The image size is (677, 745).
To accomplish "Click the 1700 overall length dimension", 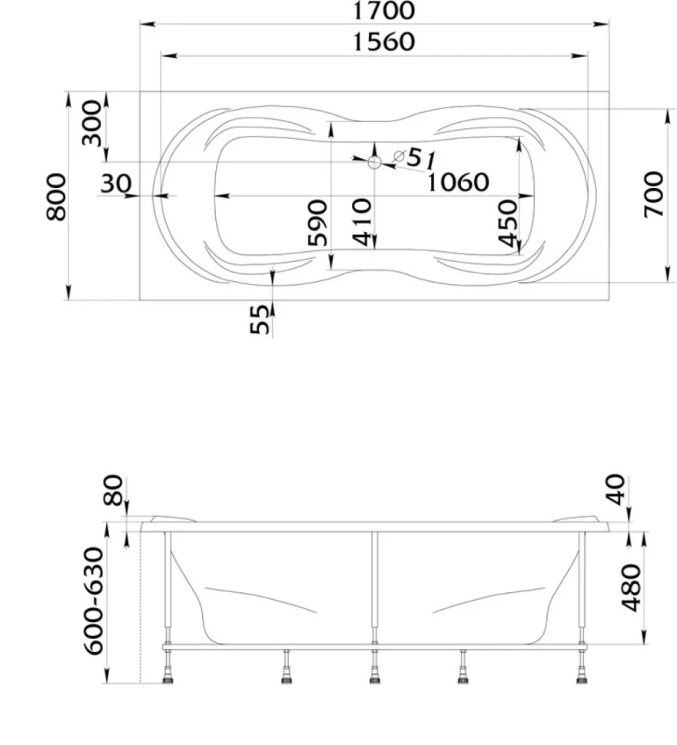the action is [x=383, y=11].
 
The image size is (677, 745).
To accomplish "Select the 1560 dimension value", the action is [x=383, y=41].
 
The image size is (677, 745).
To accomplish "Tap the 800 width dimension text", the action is [x=57, y=197].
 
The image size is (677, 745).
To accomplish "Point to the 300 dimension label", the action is [x=92, y=123].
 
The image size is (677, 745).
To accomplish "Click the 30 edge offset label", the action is [x=115, y=183].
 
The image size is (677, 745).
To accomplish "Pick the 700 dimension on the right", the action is [x=653, y=195].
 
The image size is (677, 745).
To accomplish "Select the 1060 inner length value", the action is [x=458, y=182].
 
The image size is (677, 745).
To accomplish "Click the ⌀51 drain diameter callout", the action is [x=414, y=157].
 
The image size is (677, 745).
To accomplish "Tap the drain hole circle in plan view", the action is [x=374, y=163].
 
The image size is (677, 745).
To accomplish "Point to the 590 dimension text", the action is [x=317, y=223].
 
